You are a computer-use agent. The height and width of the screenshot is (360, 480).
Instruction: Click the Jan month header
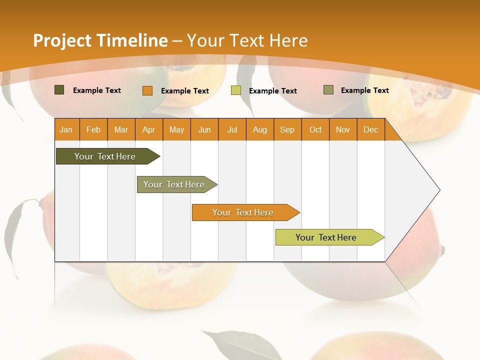click(66, 129)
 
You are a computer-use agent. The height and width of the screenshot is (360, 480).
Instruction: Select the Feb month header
click(93, 129)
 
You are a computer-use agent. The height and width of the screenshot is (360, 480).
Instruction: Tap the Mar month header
click(121, 129)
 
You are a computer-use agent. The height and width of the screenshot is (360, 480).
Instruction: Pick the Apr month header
click(149, 129)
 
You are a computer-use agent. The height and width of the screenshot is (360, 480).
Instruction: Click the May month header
click(176, 129)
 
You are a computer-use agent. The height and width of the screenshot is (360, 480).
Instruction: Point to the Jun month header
click(204, 129)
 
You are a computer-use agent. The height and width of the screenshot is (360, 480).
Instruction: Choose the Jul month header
click(232, 129)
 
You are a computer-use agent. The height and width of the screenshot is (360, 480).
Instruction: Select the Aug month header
click(260, 129)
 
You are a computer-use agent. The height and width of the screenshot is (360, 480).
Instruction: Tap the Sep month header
click(287, 129)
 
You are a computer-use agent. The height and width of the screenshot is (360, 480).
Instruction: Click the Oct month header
click(315, 129)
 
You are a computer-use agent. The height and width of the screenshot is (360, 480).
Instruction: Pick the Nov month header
click(343, 129)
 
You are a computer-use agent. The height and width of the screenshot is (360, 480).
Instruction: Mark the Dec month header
click(371, 129)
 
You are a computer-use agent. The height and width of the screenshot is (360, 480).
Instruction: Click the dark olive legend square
click(59, 90)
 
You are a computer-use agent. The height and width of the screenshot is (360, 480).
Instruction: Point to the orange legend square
click(147, 90)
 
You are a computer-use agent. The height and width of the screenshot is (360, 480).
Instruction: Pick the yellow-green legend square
click(236, 90)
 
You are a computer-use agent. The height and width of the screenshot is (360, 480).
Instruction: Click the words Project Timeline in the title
click(100, 40)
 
